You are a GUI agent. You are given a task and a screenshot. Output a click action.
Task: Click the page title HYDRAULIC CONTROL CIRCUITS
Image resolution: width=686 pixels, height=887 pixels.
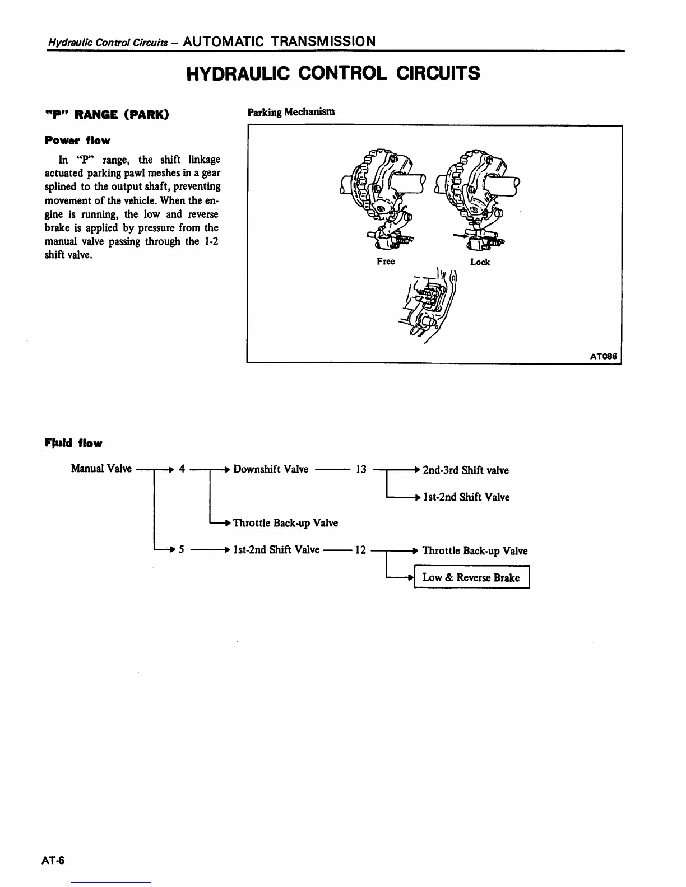tap(333, 73)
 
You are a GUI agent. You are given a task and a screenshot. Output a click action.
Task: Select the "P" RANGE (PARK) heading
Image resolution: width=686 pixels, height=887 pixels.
tap(106, 115)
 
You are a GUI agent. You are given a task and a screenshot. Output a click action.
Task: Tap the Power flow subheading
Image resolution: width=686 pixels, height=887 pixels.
tap(77, 141)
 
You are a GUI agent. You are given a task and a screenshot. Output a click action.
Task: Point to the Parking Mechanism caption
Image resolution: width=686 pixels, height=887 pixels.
tap(291, 111)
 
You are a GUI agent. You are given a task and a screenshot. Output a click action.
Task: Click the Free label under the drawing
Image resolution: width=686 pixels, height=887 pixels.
tap(386, 262)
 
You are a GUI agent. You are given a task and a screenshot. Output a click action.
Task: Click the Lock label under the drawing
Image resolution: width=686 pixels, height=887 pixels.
tap(480, 262)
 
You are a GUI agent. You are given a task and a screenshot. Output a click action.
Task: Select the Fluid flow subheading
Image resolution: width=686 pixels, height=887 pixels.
tap(73, 444)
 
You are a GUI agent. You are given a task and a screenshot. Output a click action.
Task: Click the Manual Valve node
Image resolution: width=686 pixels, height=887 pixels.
tap(101, 469)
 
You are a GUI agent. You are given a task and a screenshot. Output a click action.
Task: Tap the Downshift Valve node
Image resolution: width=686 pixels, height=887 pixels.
tap(271, 469)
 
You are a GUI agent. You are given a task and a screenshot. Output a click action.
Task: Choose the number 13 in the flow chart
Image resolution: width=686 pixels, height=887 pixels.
tap(361, 470)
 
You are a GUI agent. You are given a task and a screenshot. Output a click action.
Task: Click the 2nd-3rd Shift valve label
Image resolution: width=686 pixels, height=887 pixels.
tap(465, 470)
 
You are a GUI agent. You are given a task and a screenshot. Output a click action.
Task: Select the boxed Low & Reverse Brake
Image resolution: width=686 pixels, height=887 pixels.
tap(471, 578)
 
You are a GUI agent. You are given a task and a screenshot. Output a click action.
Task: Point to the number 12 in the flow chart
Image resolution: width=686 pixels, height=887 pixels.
tap(360, 550)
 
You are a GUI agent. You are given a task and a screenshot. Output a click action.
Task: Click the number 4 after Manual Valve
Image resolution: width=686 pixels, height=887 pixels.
tap(182, 469)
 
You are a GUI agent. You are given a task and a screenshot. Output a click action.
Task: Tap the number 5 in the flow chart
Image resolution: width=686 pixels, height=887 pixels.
tap(182, 550)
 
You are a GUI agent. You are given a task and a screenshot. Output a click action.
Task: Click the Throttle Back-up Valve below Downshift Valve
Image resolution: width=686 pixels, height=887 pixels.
tap(285, 523)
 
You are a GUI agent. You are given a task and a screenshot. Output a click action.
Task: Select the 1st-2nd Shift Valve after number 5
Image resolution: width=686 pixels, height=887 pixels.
tap(276, 550)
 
